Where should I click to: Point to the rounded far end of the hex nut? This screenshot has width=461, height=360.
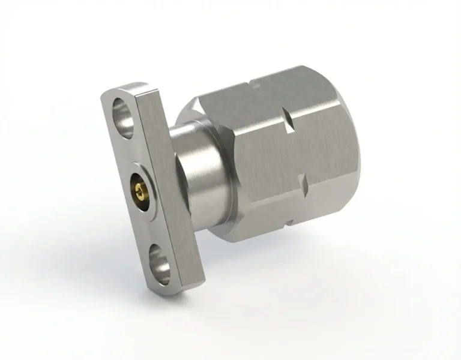click(x=360, y=150)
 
